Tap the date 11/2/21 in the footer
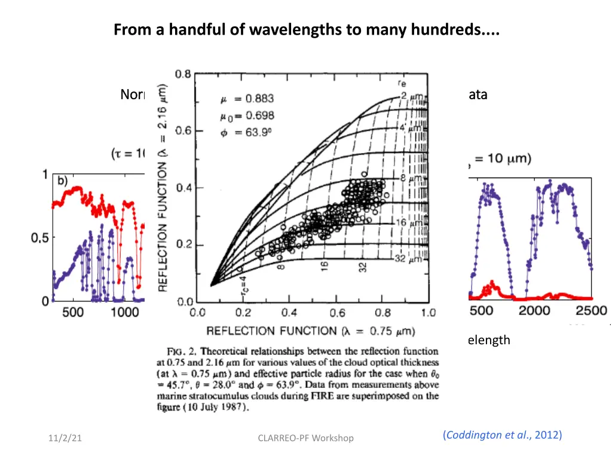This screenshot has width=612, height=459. point(66,438)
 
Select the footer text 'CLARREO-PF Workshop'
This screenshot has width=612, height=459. point(305,438)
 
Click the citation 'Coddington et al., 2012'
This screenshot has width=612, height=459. point(502,435)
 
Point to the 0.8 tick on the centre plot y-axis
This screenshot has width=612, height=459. point(183,75)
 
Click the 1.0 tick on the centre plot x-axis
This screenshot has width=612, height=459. point(428,313)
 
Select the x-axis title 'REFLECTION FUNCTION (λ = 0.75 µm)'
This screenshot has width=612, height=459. point(310,331)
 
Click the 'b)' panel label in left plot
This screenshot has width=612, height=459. point(63,180)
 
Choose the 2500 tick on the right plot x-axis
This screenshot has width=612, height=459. point(592,311)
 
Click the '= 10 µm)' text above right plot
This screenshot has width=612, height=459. point(500,160)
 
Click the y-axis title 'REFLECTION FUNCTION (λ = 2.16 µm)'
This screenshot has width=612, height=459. point(163,187)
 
